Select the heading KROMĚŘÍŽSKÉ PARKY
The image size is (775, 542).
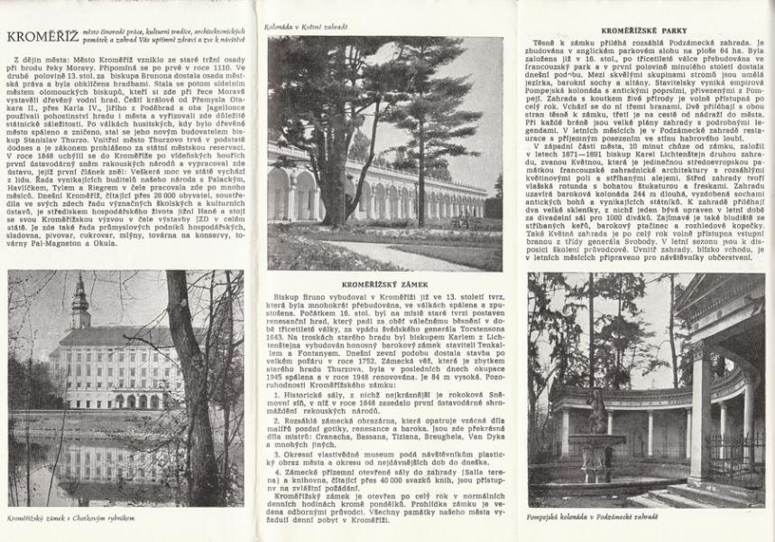point(647,30)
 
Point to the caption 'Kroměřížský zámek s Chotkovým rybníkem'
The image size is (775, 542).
point(60,519)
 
